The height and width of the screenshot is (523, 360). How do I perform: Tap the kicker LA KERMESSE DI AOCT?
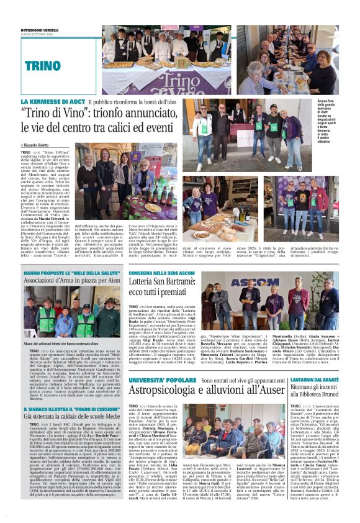53,101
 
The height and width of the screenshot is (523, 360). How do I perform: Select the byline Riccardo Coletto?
40,144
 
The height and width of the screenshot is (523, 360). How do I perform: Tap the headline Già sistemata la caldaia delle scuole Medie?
72,418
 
